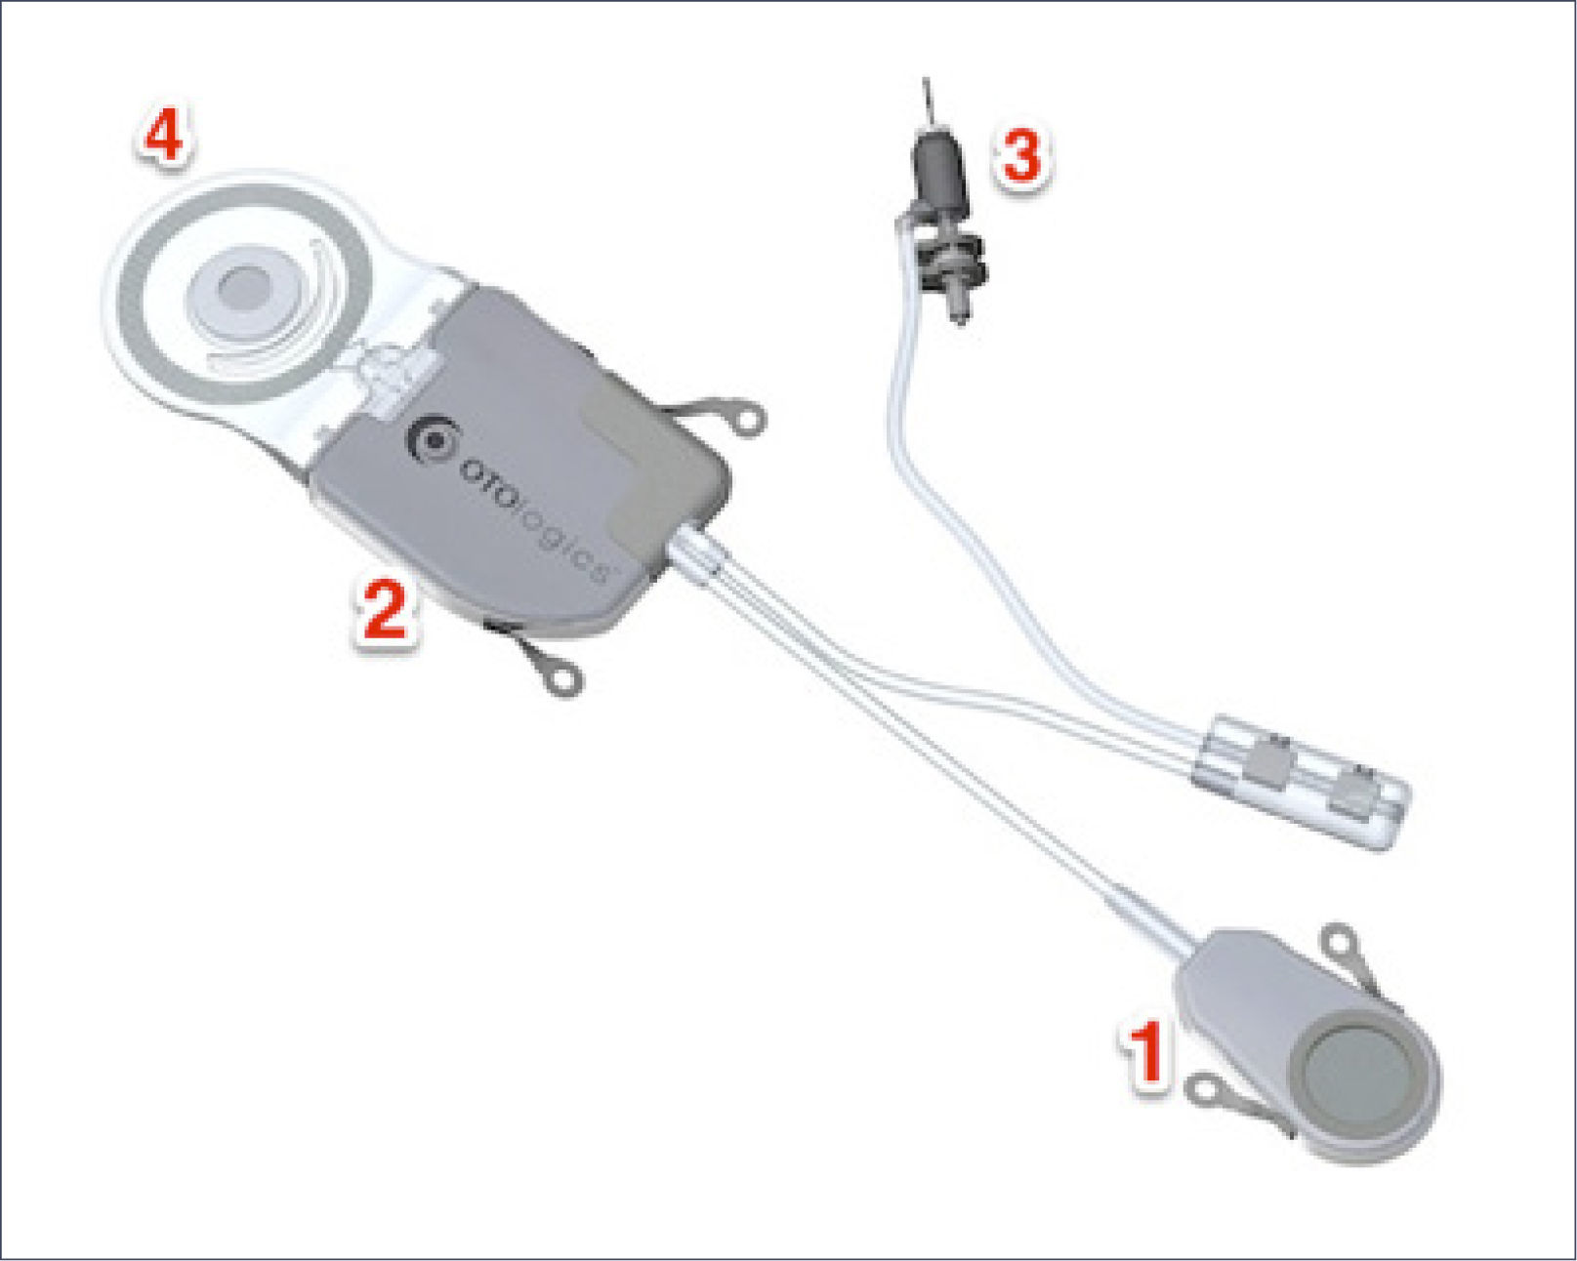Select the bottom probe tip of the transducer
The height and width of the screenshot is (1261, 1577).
958,310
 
